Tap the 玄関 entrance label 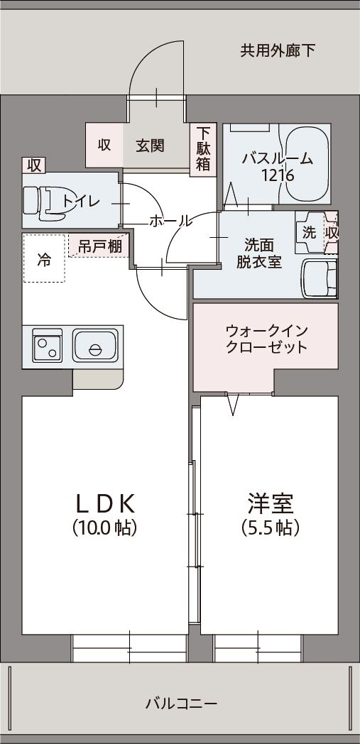(150, 146)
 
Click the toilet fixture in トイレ (44, 203)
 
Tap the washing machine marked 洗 (310, 233)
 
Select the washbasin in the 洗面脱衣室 (320, 278)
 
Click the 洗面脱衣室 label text (259, 254)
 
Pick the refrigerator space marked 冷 (44, 258)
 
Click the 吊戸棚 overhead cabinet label (99, 247)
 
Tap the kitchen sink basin (95, 345)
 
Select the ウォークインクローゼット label (266, 339)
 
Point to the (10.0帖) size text (105, 527)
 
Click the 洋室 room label (271, 503)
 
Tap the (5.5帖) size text (271, 527)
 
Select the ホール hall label (170, 221)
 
